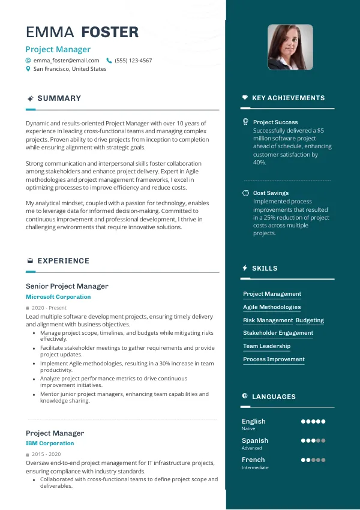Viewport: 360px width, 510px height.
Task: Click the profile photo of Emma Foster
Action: click(290, 47)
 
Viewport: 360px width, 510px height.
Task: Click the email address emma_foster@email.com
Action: click(67, 61)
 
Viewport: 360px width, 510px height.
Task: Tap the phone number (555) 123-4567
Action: click(133, 61)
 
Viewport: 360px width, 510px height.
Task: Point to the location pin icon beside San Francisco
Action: click(28, 69)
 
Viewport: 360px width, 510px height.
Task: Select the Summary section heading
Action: click(59, 98)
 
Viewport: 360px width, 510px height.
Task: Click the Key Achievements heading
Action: click(288, 98)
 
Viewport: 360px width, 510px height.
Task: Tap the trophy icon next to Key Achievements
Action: click(245, 98)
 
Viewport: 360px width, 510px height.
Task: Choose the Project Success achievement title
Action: click(275, 122)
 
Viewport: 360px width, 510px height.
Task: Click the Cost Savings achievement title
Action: click(271, 193)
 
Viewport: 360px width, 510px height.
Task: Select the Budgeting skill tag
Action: click(310, 320)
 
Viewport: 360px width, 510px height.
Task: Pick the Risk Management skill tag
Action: click(268, 320)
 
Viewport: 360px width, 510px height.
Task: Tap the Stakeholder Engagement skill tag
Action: click(278, 333)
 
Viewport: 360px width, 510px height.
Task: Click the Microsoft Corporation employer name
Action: click(58, 297)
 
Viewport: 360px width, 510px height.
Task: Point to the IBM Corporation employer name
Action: click(50, 443)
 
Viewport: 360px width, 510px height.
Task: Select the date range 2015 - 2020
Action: click(46, 454)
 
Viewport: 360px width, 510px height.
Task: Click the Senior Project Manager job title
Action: click(67, 286)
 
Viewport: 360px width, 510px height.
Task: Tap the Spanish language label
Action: click(255, 440)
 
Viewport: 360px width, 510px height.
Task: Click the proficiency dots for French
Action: click(313, 460)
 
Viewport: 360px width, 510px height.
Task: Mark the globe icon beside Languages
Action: click(245, 397)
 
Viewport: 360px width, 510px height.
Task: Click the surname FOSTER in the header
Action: click(110, 32)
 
